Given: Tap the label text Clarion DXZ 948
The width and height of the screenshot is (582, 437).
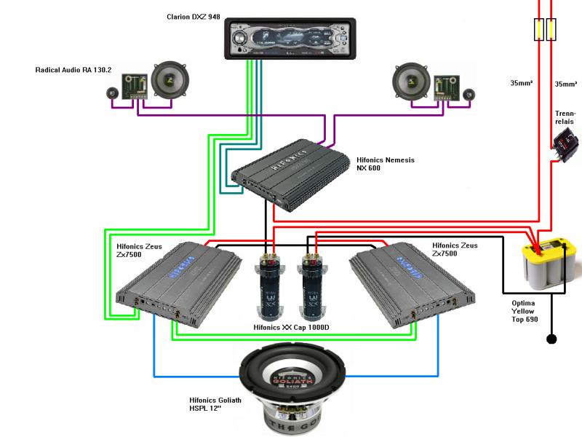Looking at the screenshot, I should tap(194, 15).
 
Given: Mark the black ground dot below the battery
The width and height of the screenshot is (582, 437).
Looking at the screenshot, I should tap(551, 339).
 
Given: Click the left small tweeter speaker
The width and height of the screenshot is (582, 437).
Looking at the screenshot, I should tap(112, 92).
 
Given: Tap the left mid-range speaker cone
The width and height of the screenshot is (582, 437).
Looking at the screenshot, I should tap(170, 81).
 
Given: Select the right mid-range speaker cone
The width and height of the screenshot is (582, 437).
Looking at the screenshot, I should tap(411, 81).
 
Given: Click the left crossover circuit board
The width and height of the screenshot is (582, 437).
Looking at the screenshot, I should tap(135, 86).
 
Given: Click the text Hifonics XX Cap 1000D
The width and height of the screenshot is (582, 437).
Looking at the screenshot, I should tap(291, 328).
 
